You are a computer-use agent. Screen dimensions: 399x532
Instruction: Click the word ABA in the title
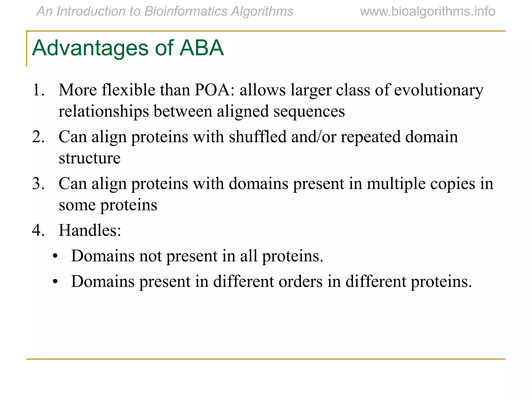pyautogui.click(x=202, y=48)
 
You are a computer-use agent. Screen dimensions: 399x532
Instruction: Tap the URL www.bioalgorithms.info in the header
pyautogui.click(x=427, y=11)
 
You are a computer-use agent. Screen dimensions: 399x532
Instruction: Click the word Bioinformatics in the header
pyautogui.click(x=186, y=11)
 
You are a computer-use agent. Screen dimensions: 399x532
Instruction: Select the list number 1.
pyautogui.click(x=38, y=90)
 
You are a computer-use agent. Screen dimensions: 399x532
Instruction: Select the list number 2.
pyautogui.click(x=38, y=137)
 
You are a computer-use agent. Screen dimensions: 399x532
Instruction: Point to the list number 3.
pyautogui.click(x=38, y=184)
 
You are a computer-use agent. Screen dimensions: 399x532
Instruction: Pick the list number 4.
pyautogui.click(x=38, y=230)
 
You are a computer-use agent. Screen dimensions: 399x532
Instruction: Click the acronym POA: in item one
pyautogui.click(x=215, y=90)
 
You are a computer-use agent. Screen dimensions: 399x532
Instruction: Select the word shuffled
pyautogui.click(x=257, y=137)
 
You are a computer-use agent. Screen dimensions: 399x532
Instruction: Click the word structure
pyautogui.click(x=90, y=158)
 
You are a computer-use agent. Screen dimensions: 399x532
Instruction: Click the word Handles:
pyautogui.click(x=90, y=230)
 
